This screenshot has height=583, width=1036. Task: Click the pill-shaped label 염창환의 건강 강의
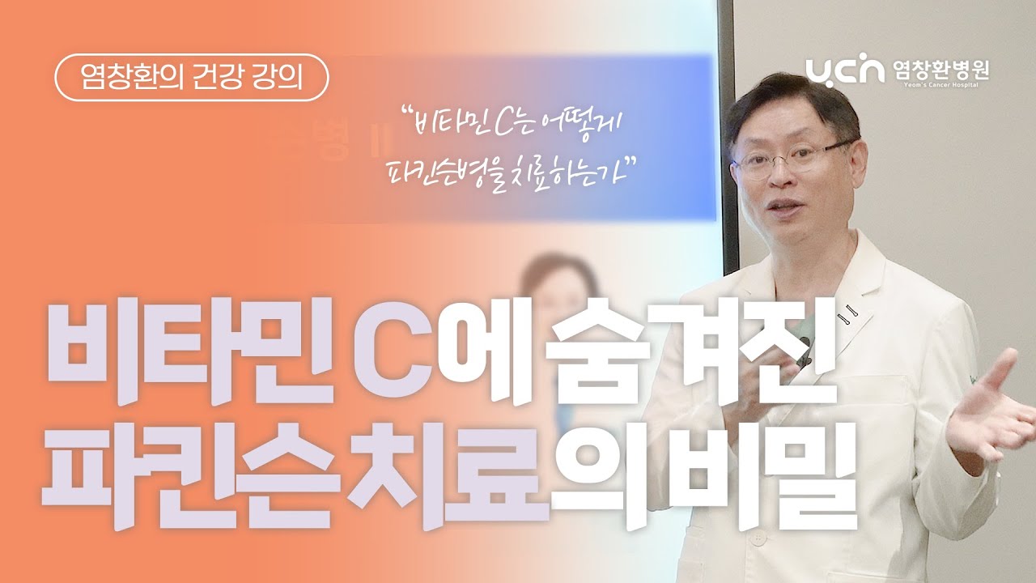(x=192, y=79)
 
